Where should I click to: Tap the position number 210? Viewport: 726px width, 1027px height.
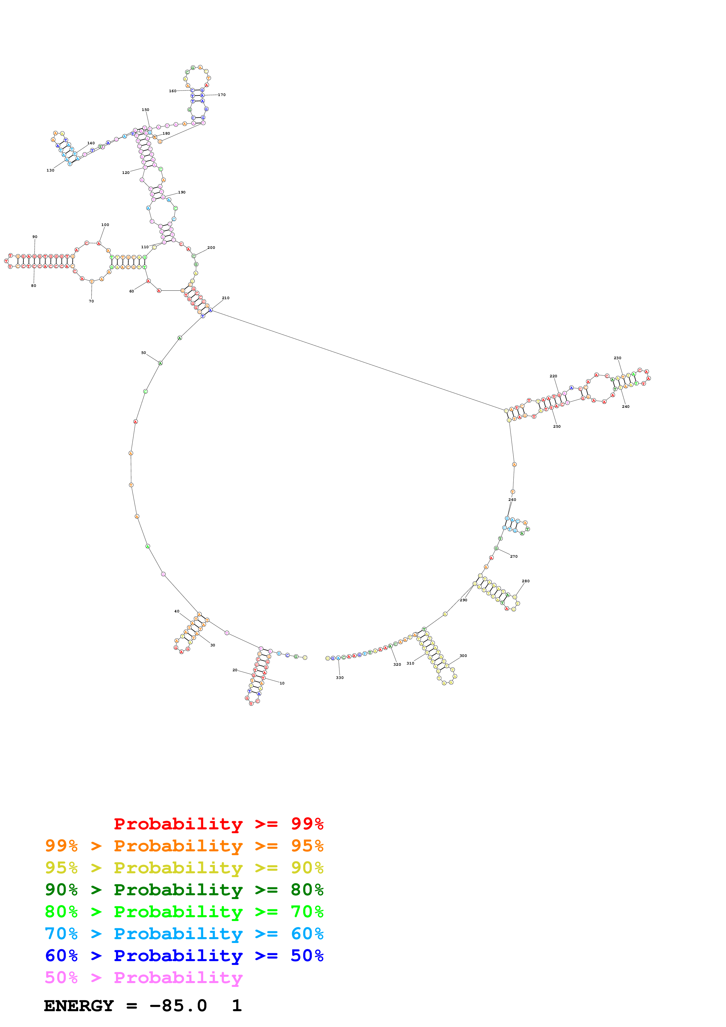tap(226, 298)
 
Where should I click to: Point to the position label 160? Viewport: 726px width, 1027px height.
tap(173, 91)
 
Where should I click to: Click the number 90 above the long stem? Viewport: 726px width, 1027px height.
tap(35, 237)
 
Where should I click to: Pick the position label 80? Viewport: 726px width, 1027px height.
tap(34, 285)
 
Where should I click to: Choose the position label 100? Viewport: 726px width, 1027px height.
tap(105, 225)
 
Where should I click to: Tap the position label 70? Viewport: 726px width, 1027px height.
tap(91, 301)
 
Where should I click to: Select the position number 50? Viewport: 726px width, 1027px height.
tap(144, 352)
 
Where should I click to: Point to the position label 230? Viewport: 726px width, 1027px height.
tap(617, 358)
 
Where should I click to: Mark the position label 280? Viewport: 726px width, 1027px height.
tap(526, 581)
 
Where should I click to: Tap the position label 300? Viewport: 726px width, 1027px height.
tap(463, 656)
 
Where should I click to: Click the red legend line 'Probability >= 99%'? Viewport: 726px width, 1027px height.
tap(218, 824)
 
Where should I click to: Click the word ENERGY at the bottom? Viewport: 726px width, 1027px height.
tap(79, 1006)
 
